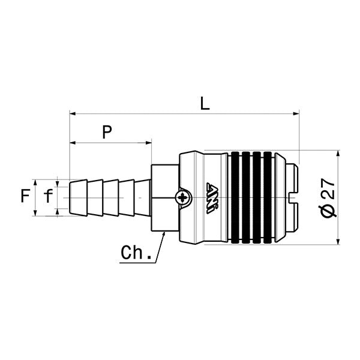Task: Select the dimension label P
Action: click(x=107, y=133)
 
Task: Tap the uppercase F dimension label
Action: click(x=25, y=196)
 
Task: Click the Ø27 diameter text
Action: click(x=328, y=197)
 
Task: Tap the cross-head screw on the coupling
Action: click(x=183, y=197)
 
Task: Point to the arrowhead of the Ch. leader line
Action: click(x=163, y=236)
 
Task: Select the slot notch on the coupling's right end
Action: click(x=292, y=197)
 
